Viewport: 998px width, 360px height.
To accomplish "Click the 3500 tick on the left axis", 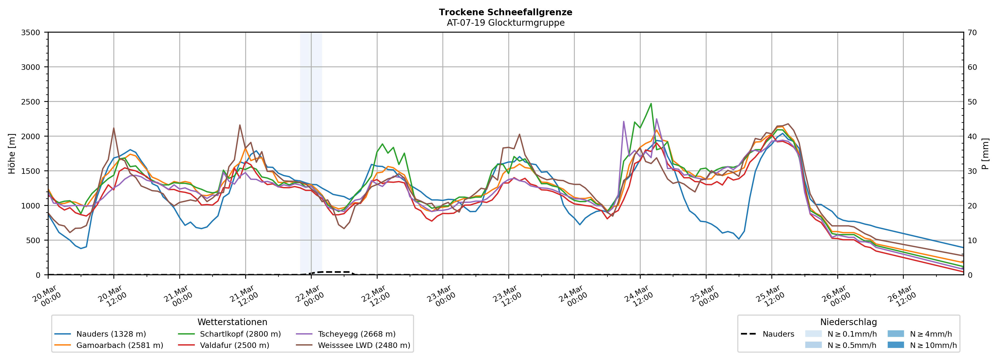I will coord(31,33).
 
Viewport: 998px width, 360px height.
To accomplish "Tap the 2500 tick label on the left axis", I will coord(31,102).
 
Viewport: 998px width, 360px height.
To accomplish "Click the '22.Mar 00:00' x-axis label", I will coord(309,296).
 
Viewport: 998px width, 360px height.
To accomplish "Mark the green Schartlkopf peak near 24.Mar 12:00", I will coord(651,103).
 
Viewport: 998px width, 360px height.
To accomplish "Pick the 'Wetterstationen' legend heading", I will coord(232,322).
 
